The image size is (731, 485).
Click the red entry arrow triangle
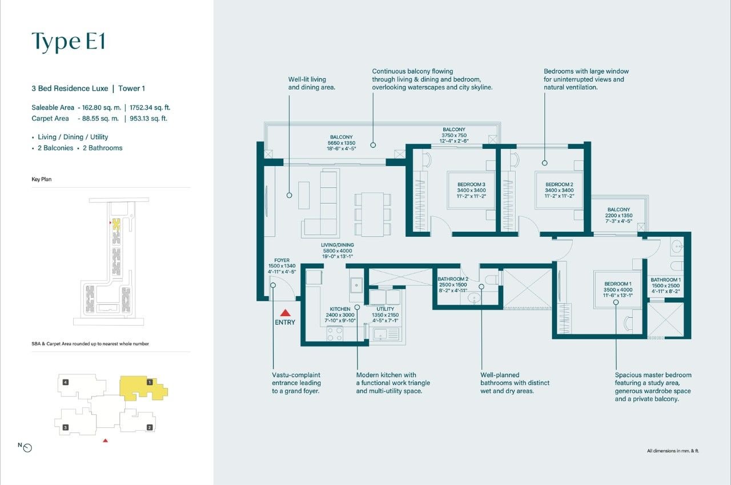[x=285, y=313]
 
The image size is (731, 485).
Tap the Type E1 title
[x=69, y=42]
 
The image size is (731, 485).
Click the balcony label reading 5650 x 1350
[x=342, y=143]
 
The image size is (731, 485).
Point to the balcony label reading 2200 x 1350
[x=618, y=216]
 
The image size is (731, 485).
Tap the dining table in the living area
[x=372, y=214]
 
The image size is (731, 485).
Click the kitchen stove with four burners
[x=335, y=334]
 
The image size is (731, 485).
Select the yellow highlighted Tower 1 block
[x=142, y=388]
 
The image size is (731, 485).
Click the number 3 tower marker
[x=66, y=427]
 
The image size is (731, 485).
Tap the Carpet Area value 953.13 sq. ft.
[x=148, y=118]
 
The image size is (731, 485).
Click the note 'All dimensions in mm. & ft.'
[x=673, y=451]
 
